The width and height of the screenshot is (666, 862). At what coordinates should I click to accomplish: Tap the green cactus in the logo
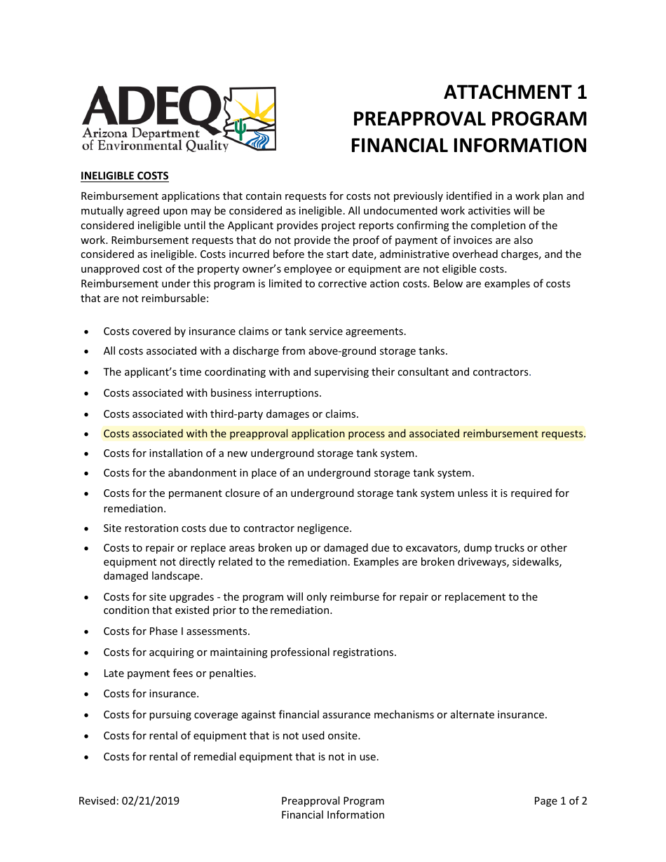pos(240,128)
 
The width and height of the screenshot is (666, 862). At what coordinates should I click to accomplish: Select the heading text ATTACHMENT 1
pos(515,93)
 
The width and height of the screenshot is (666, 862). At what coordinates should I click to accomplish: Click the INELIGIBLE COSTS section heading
pos(124,175)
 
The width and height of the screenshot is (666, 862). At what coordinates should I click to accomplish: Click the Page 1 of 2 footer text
pos(560,801)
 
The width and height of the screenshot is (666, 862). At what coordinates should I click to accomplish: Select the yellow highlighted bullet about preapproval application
pos(344,434)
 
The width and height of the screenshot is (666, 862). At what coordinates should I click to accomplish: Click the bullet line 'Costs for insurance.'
pos(151,694)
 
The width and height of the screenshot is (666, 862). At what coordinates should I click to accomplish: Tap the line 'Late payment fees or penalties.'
pos(179,673)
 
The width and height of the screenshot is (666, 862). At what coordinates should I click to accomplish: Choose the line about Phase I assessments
pos(177,631)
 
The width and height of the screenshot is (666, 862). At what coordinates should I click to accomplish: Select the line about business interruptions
pos(212,393)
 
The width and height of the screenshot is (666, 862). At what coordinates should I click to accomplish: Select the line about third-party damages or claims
pos(231,414)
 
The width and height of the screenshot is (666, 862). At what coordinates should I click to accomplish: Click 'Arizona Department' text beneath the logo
pos(140,133)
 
